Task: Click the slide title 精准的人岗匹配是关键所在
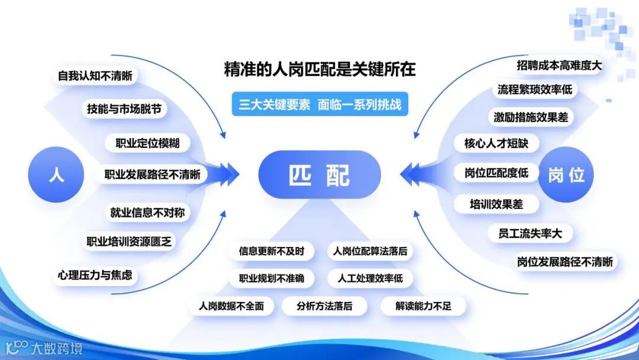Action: coord(319,70)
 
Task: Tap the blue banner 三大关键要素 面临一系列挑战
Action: coord(319,105)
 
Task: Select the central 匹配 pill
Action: coord(319,175)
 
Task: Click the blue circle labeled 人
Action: coord(56,175)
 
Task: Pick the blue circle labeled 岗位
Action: coord(566,175)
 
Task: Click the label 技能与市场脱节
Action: coord(124,109)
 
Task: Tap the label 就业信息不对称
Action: coord(150,212)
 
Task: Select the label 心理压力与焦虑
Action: coord(95,275)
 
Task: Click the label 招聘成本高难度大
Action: coord(559,65)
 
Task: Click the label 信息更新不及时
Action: coord(272,251)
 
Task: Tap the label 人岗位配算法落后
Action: coord(370,251)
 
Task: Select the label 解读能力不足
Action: coord(423,306)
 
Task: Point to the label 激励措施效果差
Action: coord(531,117)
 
